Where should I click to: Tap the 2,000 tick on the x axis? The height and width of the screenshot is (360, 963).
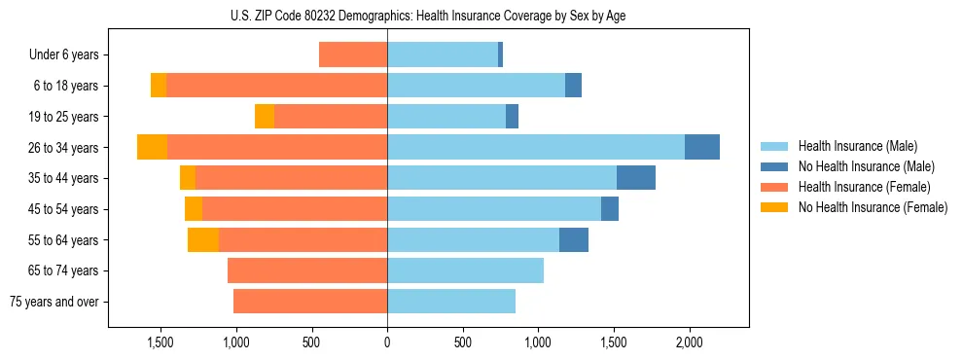pos(689,343)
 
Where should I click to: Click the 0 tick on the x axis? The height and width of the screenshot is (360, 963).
pos(387,343)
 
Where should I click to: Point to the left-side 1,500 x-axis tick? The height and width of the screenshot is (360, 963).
pos(160,343)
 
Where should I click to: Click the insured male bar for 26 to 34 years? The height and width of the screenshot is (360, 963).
pos(536,147)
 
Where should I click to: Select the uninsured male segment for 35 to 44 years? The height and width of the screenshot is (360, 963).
pos(636,178)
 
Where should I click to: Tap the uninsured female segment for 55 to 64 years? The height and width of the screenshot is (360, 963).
pos(203,239)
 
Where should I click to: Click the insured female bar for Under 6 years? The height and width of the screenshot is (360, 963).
pos(353,55)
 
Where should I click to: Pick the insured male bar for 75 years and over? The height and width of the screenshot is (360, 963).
pos(451,302)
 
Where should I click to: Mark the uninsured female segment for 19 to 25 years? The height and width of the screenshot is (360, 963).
pos(265,117)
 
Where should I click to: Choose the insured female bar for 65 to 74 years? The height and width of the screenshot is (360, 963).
pos(307,270)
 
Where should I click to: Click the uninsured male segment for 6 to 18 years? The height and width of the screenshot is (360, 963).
pos(573,86)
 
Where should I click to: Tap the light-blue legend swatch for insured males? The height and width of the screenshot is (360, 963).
pos(774,146)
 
